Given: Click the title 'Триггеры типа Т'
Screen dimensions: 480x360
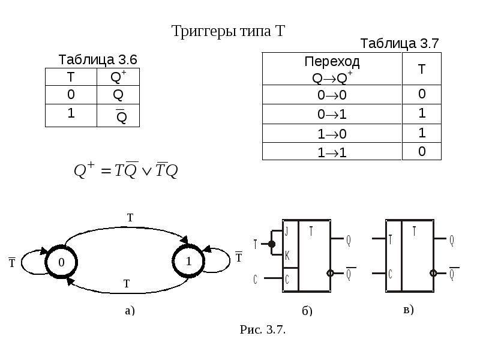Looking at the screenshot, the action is [x=228, y=31].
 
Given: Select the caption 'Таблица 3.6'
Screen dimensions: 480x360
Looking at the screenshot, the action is [x=98, y=59].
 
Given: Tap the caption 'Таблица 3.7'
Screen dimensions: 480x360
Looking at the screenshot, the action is [x=400, y=43].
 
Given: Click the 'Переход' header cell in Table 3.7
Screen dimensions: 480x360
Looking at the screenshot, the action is [x=332, y=69].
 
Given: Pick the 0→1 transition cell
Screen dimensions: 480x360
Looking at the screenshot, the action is [x=332, y=114].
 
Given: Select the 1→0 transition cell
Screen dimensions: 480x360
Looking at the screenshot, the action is [x=332, y=133].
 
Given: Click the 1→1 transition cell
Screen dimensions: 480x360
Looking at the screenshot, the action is [x=332, y=152].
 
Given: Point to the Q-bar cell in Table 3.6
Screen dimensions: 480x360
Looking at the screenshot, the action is [x=118, y=116].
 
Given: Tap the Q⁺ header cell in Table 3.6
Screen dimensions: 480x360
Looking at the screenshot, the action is [x=118, y=77].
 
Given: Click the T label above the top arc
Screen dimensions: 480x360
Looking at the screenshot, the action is [x=130, y=218].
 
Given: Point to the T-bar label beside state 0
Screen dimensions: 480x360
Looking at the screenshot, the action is [x=12, y=262].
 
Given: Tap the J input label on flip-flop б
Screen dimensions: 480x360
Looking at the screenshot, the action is [x=287, y=231].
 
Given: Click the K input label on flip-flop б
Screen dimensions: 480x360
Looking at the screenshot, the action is [x=287, y=255].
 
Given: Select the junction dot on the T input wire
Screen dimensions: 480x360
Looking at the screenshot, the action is [x=272, y=244].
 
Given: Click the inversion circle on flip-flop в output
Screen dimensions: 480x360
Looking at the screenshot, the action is [x=433, y=273].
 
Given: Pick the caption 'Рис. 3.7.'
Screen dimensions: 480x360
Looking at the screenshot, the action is [x=262, y=329].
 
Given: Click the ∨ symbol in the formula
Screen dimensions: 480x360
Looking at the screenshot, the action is [x=147, y=172].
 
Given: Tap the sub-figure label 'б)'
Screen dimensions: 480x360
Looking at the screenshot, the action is [x=307, y=311].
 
